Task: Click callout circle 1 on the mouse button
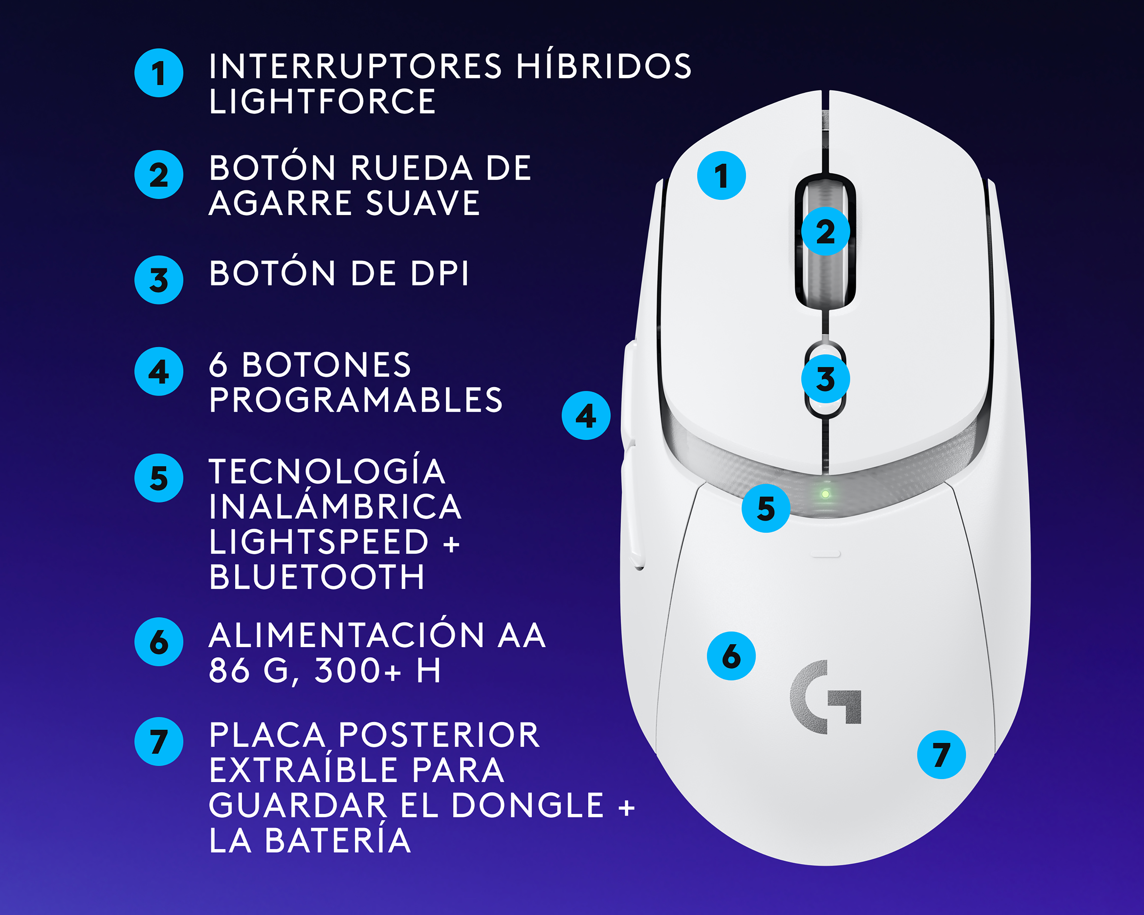click(721, 176)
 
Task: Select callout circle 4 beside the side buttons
click(586, 415)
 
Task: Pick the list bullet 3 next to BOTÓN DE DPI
click(159, 280)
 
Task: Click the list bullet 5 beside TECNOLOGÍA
click(159, 478)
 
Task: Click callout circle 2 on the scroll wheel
click(825, 231)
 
